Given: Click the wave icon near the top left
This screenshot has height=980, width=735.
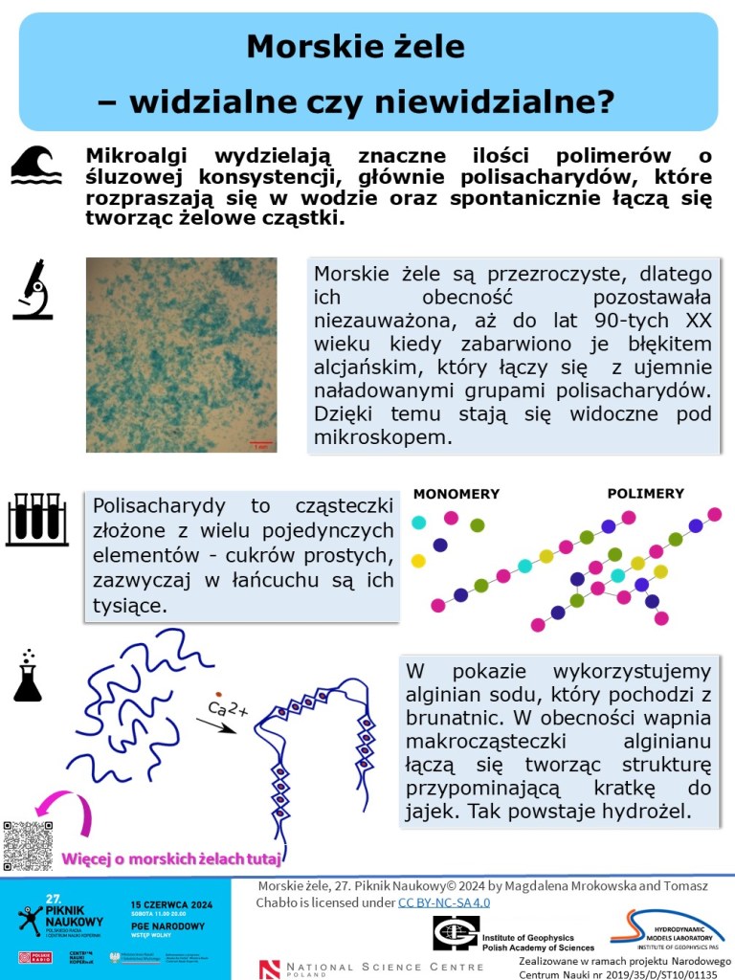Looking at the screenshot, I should point(36,165).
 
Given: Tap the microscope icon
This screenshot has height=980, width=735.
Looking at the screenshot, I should point(33,290).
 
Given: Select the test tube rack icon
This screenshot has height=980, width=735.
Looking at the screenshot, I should point(36,519).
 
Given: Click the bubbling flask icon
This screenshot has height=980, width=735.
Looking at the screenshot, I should point(28,676).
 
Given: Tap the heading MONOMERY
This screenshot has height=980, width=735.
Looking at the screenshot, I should point(457,494).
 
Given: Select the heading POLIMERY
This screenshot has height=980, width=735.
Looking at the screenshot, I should point(645,494).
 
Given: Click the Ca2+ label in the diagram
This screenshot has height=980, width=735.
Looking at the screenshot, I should point(228,709).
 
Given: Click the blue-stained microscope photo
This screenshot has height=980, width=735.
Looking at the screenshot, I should point(181,354).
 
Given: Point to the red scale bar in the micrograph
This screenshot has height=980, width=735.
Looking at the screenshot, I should point(260,443).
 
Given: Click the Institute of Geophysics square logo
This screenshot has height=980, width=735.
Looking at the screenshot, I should point(456,933).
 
